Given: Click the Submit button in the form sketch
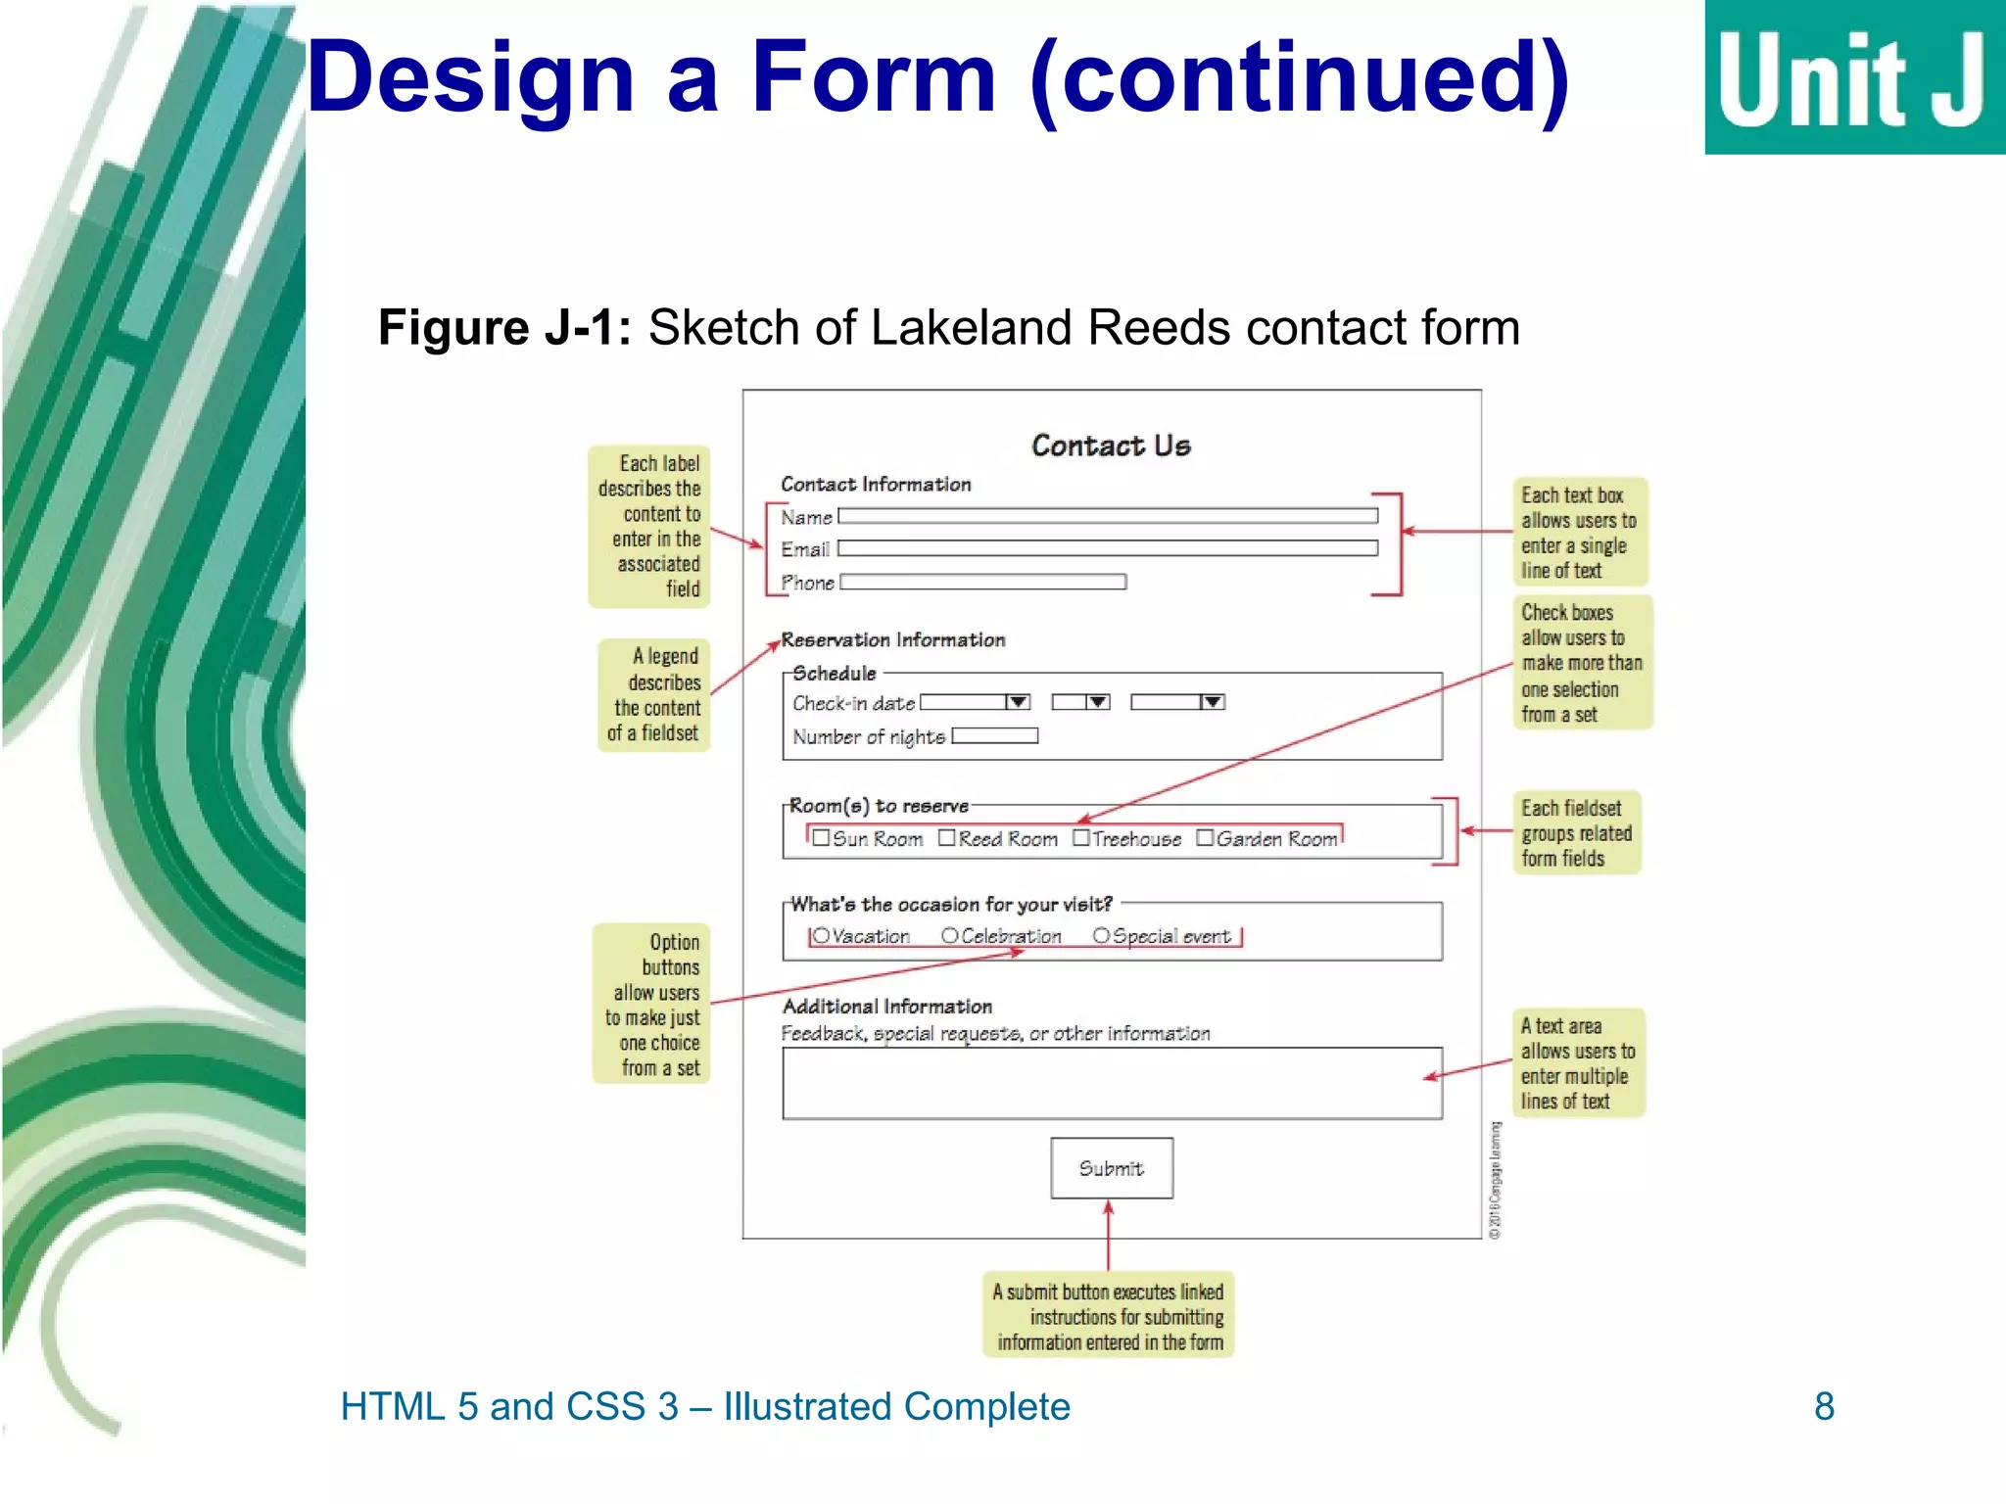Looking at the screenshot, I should coord(1112,1168).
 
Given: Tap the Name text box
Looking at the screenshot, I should coord(1107,516).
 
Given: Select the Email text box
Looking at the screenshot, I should coord(1107,548).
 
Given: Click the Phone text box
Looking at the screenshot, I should coord(982,582).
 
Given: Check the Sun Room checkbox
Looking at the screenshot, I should coord(821,838).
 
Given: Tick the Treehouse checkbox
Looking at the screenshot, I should coord(1081,838).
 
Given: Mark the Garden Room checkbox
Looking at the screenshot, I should coord(1205,838).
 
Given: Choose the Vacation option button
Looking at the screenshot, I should coord(821,936).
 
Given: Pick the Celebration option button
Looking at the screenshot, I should coord(949,936).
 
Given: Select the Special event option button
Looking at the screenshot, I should coord(1101,936).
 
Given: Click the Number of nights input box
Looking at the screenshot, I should coord(994,735).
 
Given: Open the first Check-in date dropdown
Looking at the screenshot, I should coord(1018,702).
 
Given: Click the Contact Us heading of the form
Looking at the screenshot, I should coord(1111,446).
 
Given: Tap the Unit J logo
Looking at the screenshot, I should coord(1854,78).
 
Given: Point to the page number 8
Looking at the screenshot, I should coord(1824,1406).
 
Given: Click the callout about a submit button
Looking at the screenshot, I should coord(1109,1316).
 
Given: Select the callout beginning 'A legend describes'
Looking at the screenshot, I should coord(654,694).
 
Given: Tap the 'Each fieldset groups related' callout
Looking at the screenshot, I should coord(1576,833).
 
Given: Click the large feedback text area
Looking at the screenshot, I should coord(1112,1083).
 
